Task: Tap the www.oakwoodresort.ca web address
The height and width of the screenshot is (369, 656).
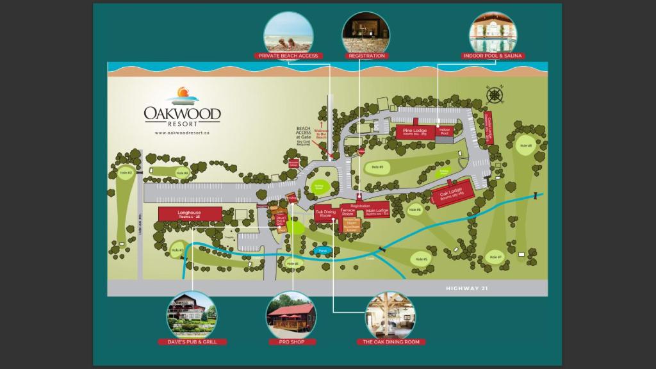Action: (x=183, y=133)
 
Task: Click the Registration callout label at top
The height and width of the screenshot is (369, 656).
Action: (x=366, y=56)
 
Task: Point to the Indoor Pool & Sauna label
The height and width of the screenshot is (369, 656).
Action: (x=493, y=56)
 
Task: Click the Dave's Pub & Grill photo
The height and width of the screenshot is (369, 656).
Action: (x=192, y=315)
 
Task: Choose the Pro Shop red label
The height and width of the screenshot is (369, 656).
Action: (x=291, y=342)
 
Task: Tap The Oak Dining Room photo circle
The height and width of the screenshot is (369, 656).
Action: (x=390, y=315)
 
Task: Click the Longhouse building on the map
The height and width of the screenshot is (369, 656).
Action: (x=190, y=214)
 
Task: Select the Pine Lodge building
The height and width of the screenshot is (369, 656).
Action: (x=415, y=131)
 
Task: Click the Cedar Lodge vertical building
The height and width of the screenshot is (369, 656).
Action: (x=489, y=128)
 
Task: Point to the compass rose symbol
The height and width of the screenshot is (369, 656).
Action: (x=495, y=95)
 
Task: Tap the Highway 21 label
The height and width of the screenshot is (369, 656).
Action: (x=467, y=289)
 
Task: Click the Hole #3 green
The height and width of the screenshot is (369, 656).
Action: (x=126, y=173)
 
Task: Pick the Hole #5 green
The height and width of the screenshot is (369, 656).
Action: (x=420, y=259)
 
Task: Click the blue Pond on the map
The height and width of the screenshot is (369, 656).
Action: (x=323, y=250)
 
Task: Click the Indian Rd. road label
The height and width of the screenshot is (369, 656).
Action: (x=139, y=227)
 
